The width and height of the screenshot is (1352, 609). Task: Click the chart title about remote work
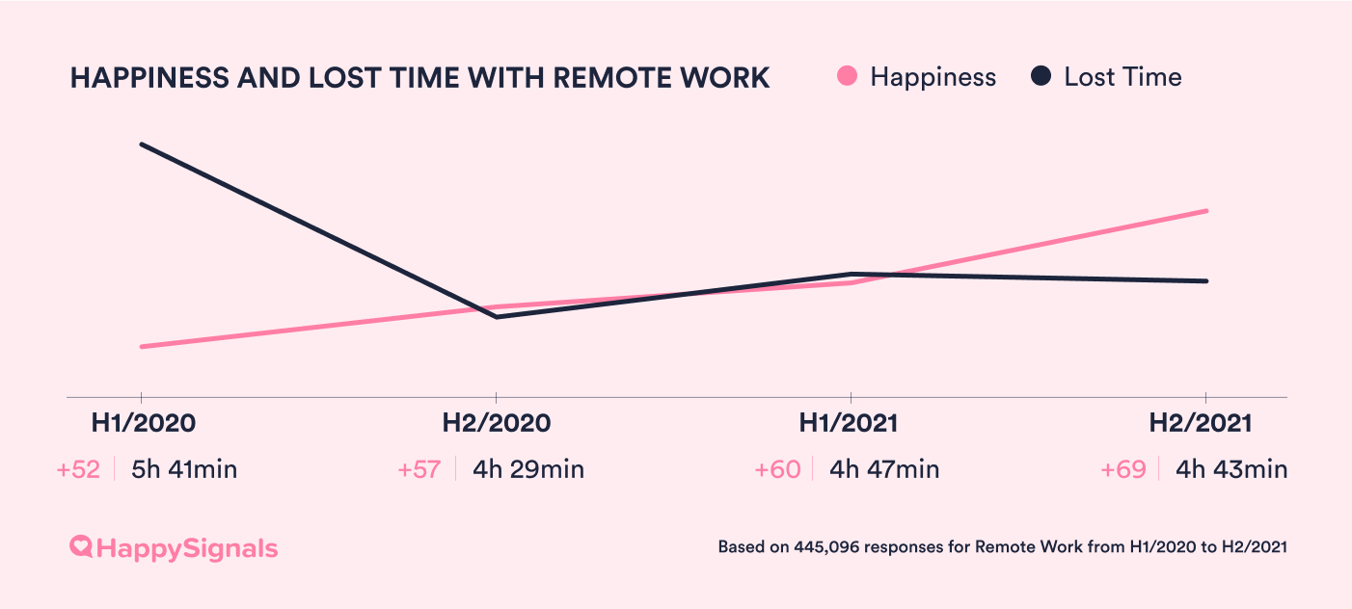pyautogui.click(x=419, y=78)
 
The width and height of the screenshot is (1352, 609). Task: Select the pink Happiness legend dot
pyautogui.click(x=848, y=77)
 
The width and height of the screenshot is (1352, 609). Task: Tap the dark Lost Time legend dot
pyautogui.click(x=1041, y=77)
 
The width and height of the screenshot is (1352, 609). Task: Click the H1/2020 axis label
pyautogui.click(x=143, y=423)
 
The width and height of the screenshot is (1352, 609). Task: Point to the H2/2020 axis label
pyautogui.click(x=496, y=423)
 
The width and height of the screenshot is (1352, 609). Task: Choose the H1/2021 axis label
pyautogui.click(x=849, y=423)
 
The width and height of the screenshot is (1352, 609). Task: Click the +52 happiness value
pyautogui.click(x=78, y=470)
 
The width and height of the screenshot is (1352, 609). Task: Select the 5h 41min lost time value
pyautogui.click(x=184, y=470)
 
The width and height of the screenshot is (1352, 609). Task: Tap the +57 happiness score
pyautogui.click(x=419, y=470)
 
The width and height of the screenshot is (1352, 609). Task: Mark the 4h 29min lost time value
pyautogui.click(x=528, y=470)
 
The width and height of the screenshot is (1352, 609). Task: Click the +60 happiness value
pyautogui.click(x=777, y=470)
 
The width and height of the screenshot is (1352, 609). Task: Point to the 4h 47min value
pyautogui.click(x=884, y=470)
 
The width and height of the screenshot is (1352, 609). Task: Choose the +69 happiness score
pyautogui.click(x=1123, y=470)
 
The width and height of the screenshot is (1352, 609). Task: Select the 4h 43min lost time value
pyautogui.click(x=1231, y=470)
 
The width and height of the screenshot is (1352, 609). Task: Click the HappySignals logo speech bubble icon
pyautogui.click(x=82, y=547)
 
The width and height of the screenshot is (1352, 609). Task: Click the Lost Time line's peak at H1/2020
pyautogui.click(x=142, y=145)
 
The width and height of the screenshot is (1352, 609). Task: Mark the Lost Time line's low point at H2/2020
pyautogui.click(x=497, y=316)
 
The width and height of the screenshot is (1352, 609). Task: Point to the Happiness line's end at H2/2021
pyautogui.click(x=1206, y=211)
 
